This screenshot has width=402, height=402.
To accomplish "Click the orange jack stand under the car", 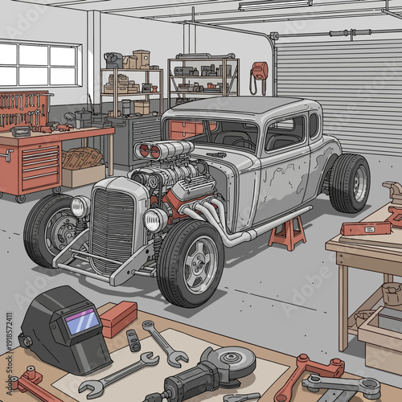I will pyautogui.click(x=288, y=233).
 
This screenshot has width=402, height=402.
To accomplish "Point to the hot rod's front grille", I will pyautogui.click(x=112, y=229).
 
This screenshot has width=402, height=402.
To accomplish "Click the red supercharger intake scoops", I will pyautogui.click(x=149, y=150).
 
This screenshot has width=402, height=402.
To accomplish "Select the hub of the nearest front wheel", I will pyautogui.click(x=199, y=265).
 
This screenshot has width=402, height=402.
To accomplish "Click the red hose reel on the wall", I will pyautogui.click(x=259, y=72).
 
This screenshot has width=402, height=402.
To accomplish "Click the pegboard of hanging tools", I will pyautogui.click(x=24, y=110).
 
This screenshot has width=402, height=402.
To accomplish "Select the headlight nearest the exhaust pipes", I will pyautogui.click(x=154, y=219).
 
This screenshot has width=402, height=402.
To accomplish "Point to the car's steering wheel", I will pyautogui.click(x=241, y=142).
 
